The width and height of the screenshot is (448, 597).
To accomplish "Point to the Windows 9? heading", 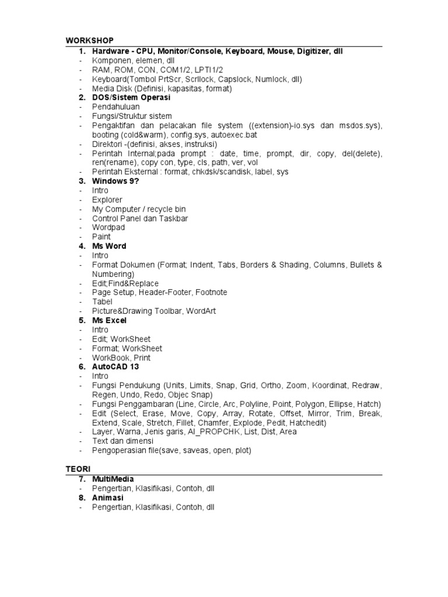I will point(116,181).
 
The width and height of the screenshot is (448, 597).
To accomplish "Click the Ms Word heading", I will point(109,246).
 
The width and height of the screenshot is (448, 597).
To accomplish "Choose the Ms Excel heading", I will point(109,321).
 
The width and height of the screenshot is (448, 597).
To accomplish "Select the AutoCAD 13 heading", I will point(116,367).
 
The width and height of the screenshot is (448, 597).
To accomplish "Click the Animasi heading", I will point(108,498).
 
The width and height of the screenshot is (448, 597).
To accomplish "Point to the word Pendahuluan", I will point(116,107).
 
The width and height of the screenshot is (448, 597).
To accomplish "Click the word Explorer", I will point(107,200).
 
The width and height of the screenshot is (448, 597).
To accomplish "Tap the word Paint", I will point(101,237).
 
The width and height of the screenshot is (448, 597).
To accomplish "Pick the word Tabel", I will point(102,302).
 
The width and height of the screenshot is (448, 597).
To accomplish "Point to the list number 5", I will point(82,321).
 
